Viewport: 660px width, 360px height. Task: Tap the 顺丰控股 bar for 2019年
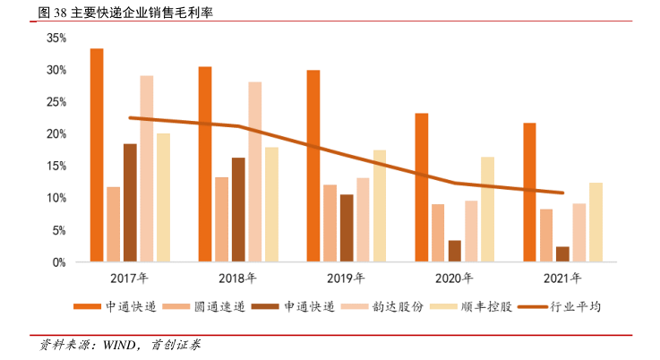[380, 206]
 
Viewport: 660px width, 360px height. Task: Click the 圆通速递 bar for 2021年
[546, 235]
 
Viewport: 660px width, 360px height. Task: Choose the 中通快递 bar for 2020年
[421, 187]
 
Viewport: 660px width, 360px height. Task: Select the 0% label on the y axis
[59, 262]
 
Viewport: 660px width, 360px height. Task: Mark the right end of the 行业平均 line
[562, 193]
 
